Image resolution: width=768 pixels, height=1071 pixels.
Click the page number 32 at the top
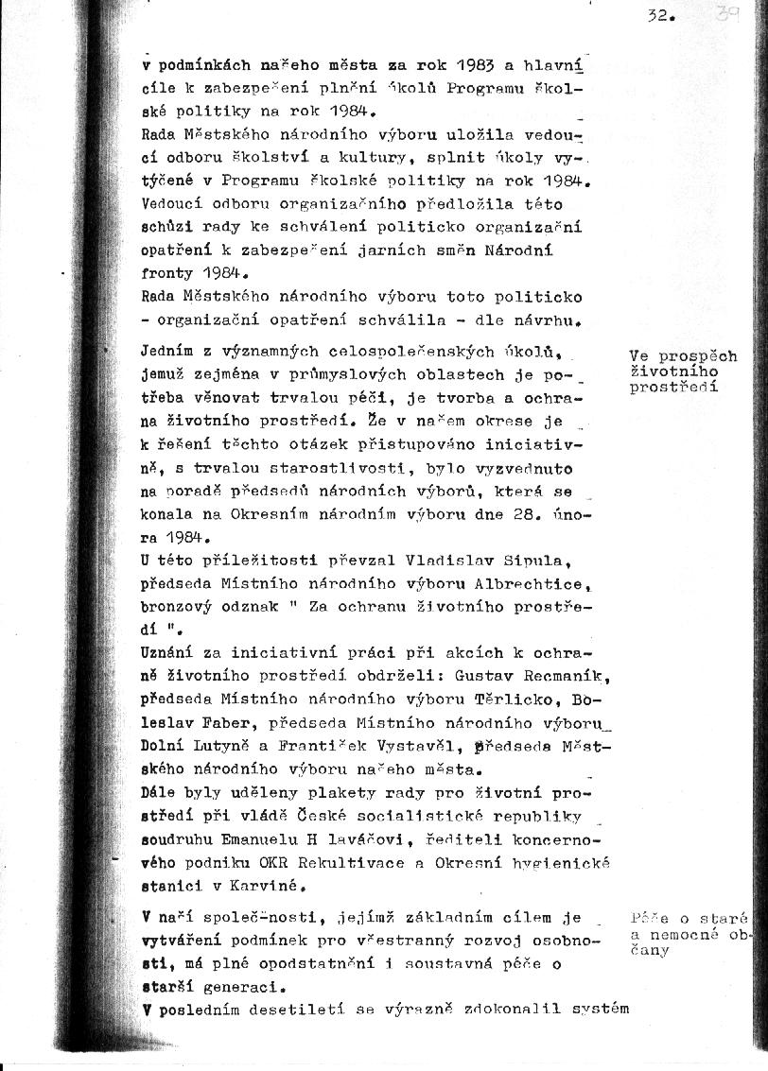[659, 16]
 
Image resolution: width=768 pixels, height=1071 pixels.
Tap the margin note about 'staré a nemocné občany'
[689, 933]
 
